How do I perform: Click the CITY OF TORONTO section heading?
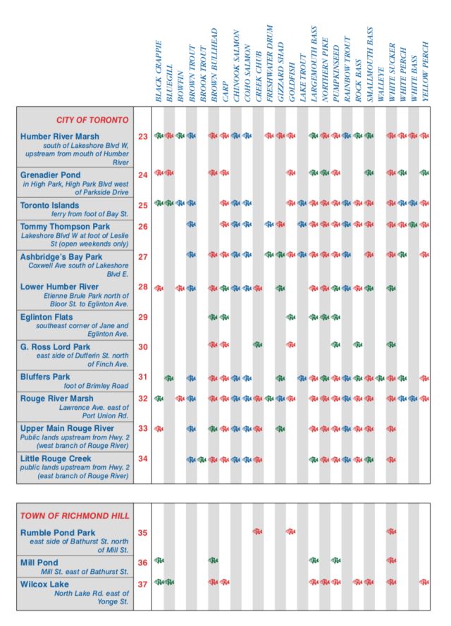point(92,120)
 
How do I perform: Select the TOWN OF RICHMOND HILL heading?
point(75,516)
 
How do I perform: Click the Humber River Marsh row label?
point(60,137)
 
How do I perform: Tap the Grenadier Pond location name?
point(51,175)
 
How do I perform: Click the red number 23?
point(143,137)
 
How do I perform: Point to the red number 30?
point(143,347)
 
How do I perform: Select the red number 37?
point(143,584)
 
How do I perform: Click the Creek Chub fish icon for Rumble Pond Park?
point(258,532)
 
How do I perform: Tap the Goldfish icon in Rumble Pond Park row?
point(291,532)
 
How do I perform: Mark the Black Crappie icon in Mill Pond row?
point(159,561)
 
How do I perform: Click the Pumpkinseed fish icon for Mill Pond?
point(336,561)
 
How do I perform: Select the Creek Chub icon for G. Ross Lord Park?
point(258,344)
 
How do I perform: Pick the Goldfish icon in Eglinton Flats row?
point(291,317)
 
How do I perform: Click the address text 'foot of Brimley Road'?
point(96,387)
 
